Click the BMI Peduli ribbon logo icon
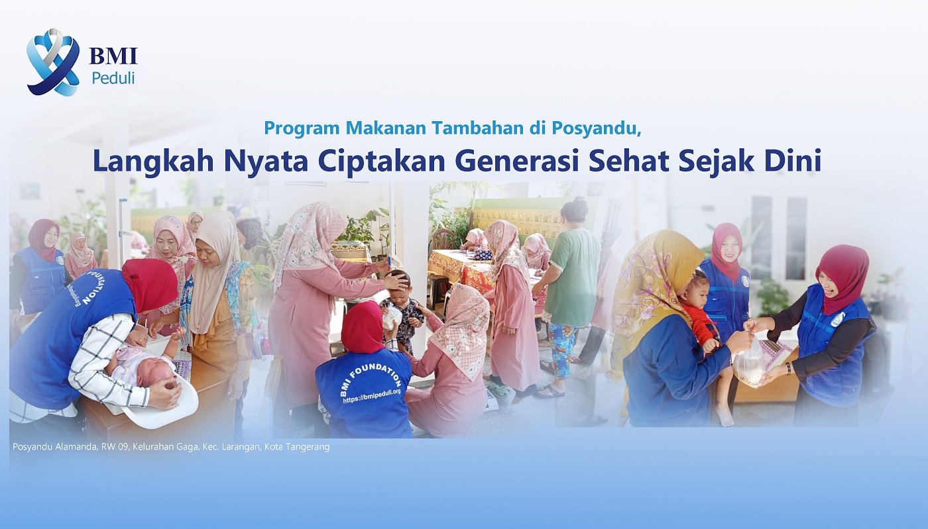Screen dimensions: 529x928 52,62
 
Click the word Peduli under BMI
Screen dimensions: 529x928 113,78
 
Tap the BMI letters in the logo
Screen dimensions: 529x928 113,56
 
